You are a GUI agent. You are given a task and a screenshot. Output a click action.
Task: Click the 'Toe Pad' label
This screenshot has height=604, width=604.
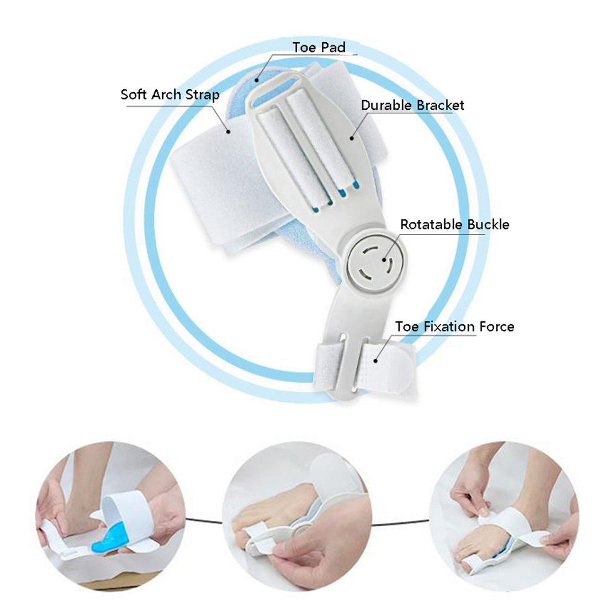(x=319, y=48)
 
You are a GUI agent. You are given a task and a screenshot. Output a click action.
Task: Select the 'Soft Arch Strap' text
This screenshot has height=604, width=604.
(x=170, y=95)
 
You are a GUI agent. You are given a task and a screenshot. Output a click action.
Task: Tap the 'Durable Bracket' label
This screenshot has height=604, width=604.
(x=412, y=105)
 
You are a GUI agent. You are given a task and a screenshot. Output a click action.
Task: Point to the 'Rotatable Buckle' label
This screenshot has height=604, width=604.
(x=455, y=224)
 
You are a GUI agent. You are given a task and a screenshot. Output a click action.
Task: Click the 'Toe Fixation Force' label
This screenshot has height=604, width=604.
(x=455, y=327)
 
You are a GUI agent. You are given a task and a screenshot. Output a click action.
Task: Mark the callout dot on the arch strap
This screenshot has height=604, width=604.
(x=228, y=132)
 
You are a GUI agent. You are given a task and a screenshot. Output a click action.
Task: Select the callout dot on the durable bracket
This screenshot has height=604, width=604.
(x=351, y=138)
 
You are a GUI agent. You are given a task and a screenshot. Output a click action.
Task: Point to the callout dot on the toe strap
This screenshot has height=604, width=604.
(x=376, y=360)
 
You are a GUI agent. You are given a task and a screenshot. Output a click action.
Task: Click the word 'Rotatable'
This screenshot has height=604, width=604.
(x=432, y=224)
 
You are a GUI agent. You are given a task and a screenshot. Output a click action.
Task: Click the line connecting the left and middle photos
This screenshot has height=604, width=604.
(x=204, y=520)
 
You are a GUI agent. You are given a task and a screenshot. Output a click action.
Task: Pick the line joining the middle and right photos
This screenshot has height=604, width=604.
(x=401, y=523)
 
